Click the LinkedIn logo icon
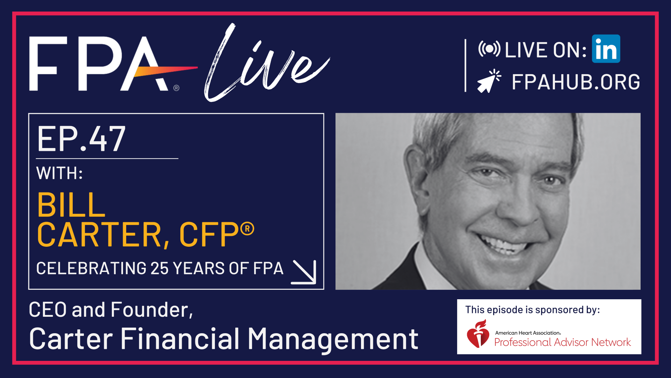pos(606,49)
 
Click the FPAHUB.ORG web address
pos(576,82)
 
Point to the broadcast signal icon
pos(489,49)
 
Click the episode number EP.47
pos(81,139)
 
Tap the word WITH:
pos(59,173)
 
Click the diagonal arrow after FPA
pos(304,272)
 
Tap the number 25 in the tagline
pos(160,268)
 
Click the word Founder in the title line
pos(151,310)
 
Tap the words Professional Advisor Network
pos(562,342)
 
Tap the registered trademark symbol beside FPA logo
pos(176,88)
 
